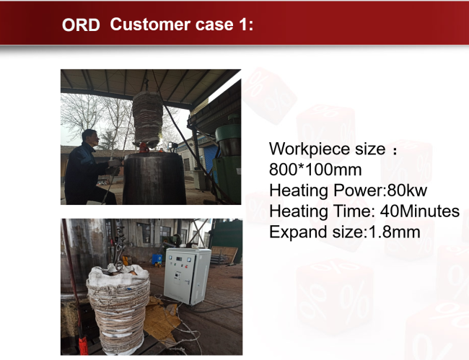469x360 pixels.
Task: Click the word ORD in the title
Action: [81, 25]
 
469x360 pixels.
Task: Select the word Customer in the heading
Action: [150, 25]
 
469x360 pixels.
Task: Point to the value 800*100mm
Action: [315, 170]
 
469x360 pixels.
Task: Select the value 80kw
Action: [407, 190]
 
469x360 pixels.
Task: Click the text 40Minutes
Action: [420, 211]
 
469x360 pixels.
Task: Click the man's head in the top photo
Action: [90, 138]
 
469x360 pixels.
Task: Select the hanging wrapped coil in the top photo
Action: [148, 120]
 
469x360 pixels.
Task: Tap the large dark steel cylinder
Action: [154, 178]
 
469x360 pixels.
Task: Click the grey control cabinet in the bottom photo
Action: [187, 276]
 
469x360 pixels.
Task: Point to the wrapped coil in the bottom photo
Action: [118, 309]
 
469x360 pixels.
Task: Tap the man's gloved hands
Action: [114, 167]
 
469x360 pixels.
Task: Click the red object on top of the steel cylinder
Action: [144, 147]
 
